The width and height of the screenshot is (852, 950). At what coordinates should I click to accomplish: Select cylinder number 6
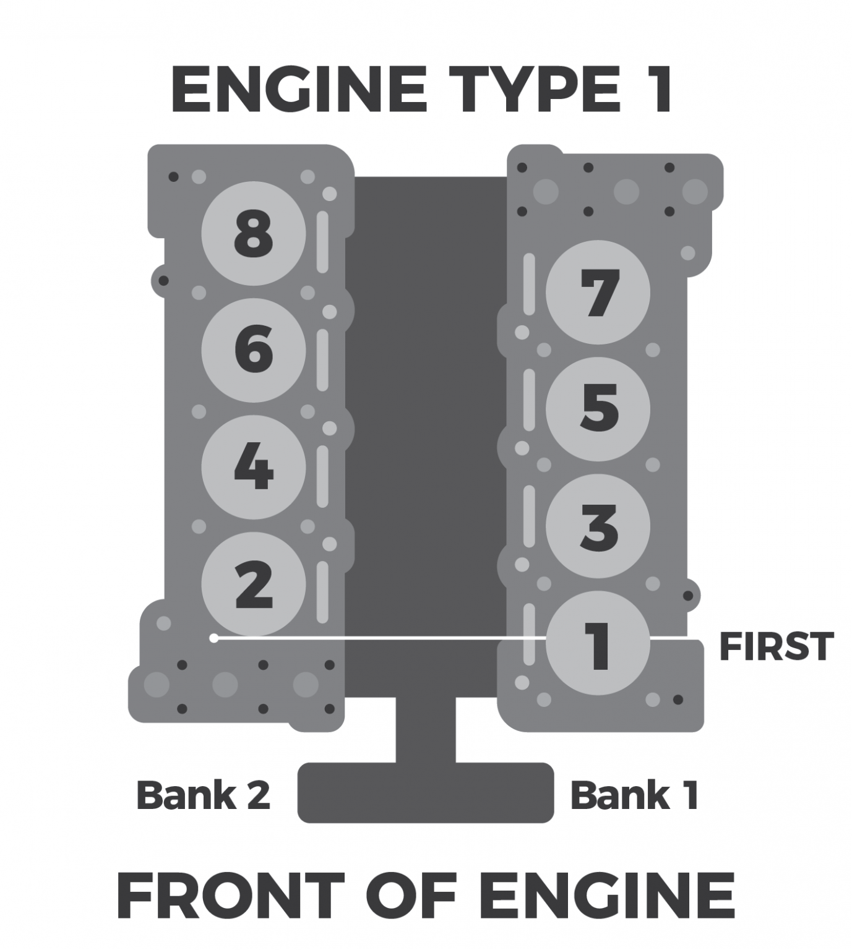pyautogui.click(x=254, y=350)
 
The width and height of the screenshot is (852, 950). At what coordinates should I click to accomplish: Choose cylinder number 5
pyautogui.click(x=598, y=409)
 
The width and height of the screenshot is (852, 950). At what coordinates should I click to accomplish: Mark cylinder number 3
pyautogui.click(x=598, y=526)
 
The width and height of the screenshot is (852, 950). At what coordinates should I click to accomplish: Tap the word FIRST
pyautogui.click(x=776, y=647)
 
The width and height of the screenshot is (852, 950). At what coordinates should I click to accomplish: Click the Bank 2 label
pyautogui.click(x=203, y=795)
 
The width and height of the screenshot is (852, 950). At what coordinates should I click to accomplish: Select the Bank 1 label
pyautogui.click(x=634, y=795)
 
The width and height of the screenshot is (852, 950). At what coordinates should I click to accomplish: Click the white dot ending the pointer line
pyautogui.click(x=214, y=638)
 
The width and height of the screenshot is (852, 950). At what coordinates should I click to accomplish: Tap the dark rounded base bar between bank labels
pyautogui.click(x=426, y=793)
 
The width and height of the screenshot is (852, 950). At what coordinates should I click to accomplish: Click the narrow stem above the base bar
pyautogui.click(x=426, y=730)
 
